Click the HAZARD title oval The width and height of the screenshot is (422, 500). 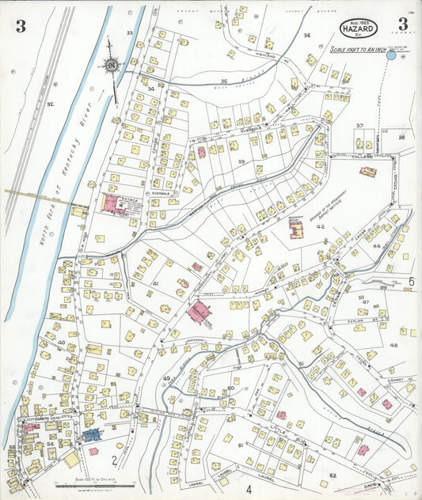click(359, 29)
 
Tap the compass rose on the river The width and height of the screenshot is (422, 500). click(112, 64)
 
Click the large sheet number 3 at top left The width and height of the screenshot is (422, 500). click(20, 27)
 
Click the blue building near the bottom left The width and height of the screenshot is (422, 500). click(91, 434)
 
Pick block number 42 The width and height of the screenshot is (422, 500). click(321, 226)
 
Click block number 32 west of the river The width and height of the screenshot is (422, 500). click(49, 104)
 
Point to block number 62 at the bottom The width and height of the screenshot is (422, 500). click(333, 475)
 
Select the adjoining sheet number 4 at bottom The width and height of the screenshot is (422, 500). click(248, 489)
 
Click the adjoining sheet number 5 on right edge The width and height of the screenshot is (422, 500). click(412, 281)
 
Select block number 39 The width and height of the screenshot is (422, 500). click(241, 161)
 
